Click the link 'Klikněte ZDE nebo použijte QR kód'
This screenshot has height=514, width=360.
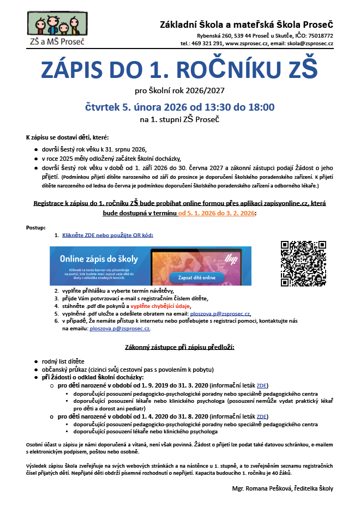[107, 235]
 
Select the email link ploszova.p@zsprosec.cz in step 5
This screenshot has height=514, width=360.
[220, 314]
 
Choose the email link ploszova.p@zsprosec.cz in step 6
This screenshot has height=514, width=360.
[119, 329]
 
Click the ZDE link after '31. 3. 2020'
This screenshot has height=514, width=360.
[262, 385]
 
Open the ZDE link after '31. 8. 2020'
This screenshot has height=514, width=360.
[262, 416]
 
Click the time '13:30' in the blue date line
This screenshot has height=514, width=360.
[213, 107]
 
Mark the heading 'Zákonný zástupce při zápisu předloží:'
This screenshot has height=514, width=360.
[180, 347]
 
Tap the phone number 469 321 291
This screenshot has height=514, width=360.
[206, 43]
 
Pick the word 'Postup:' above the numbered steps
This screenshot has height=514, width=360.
[36, 227]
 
